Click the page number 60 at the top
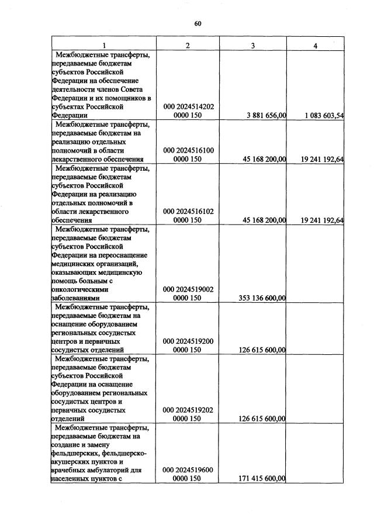[x=198, y=23]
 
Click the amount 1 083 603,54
[x=324, y=116]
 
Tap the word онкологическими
[x=79, y=289]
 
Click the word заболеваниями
[x=76, y=298]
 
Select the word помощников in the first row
[x=122, y=98]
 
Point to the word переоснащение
[x=119, y=254]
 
